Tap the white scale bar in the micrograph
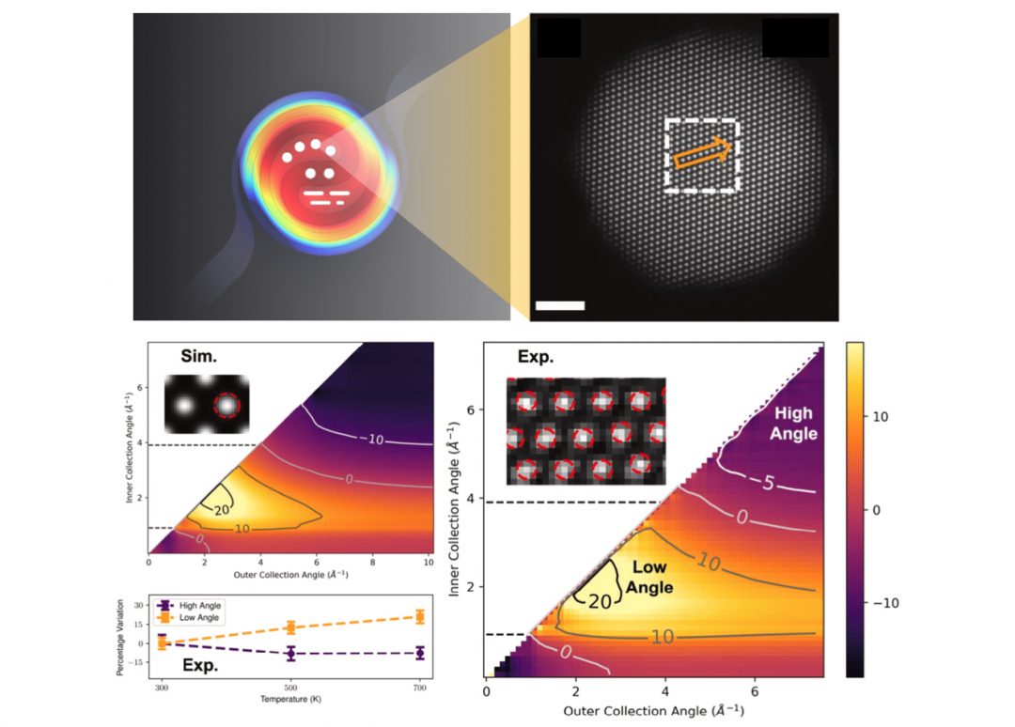[560, 305]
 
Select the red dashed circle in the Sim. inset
[226, 405]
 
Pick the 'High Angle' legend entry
[202, 605]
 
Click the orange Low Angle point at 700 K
[419, 616]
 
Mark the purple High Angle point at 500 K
[290, 653]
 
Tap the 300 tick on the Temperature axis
[162, 688]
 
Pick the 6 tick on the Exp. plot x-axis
[754, 691]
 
